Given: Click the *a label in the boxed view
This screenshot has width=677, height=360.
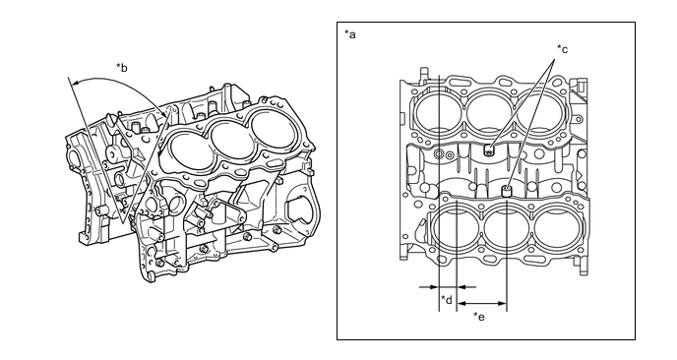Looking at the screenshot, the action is pyautogui.click(x=350, y=34).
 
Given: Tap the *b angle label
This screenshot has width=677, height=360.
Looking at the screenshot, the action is pyautogui.click(x=122, y=67).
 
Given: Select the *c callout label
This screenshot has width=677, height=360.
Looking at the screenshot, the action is pyautogui.click(x=562, y=49).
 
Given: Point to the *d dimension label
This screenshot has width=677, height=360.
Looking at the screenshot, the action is pyautogui.click(x=447, y=299).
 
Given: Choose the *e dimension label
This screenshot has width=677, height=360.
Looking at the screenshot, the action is pyautogui.click(x=479, y=317).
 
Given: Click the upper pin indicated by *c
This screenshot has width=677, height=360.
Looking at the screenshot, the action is pyautogui.click(x=489, y=150).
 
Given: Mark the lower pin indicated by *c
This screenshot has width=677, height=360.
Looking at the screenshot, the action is pyautogui.click(x=506, y=191).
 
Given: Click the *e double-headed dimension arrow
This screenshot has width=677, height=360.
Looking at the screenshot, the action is pyautogui.click(x=481, y=304).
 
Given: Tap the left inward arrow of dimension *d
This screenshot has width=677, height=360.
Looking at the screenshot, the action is pyautogui.click(x=429, y=286).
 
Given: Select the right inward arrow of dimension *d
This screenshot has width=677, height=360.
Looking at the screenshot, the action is pyautogui.click(x=466, y=286).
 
